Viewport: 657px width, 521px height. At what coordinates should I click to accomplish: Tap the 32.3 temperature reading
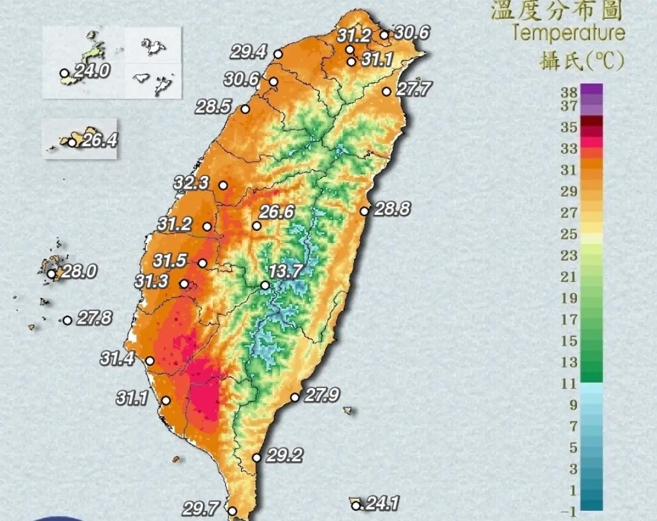[191, 183]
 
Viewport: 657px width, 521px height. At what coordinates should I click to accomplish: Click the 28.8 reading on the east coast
[392, 209]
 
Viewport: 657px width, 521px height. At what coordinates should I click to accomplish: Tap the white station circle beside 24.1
[356, 506]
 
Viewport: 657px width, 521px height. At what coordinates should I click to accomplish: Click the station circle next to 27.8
[67, 321]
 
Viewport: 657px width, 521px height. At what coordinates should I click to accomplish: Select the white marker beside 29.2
[257, 458]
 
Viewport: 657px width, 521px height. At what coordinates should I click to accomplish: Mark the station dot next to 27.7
[386, 91]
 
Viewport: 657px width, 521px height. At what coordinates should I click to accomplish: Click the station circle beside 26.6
[257, 226]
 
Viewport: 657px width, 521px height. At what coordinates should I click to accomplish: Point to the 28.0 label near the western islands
[80, 272]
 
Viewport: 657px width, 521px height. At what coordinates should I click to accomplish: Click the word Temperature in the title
[568, 33]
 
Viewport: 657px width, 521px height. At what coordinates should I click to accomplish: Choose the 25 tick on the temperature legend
[570, 234]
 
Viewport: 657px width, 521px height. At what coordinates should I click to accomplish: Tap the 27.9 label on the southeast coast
[321, 395]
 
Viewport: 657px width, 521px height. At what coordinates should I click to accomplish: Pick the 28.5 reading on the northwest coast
[214, 106]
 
